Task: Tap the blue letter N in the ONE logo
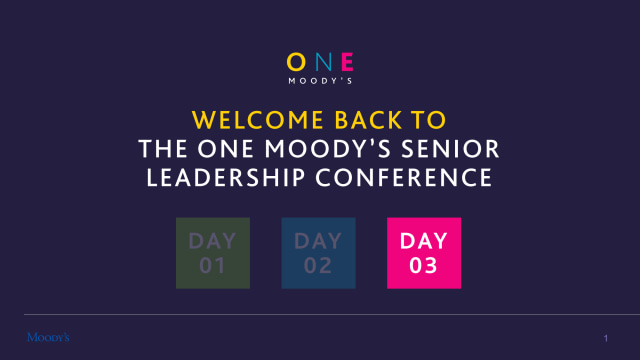[x=320, y=61]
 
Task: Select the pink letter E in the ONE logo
[x=345, y=61]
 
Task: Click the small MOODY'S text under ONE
[x=320, y=80]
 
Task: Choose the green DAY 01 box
[x=213, y=253]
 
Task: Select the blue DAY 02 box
[x=319, y=253]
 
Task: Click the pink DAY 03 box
[x=424, y=253]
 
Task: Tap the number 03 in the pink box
[x=424, y=266]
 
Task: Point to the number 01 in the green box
[x=213, y=266]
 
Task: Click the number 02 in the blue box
[x=319, y=266]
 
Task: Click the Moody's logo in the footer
[x=48, y=336]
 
